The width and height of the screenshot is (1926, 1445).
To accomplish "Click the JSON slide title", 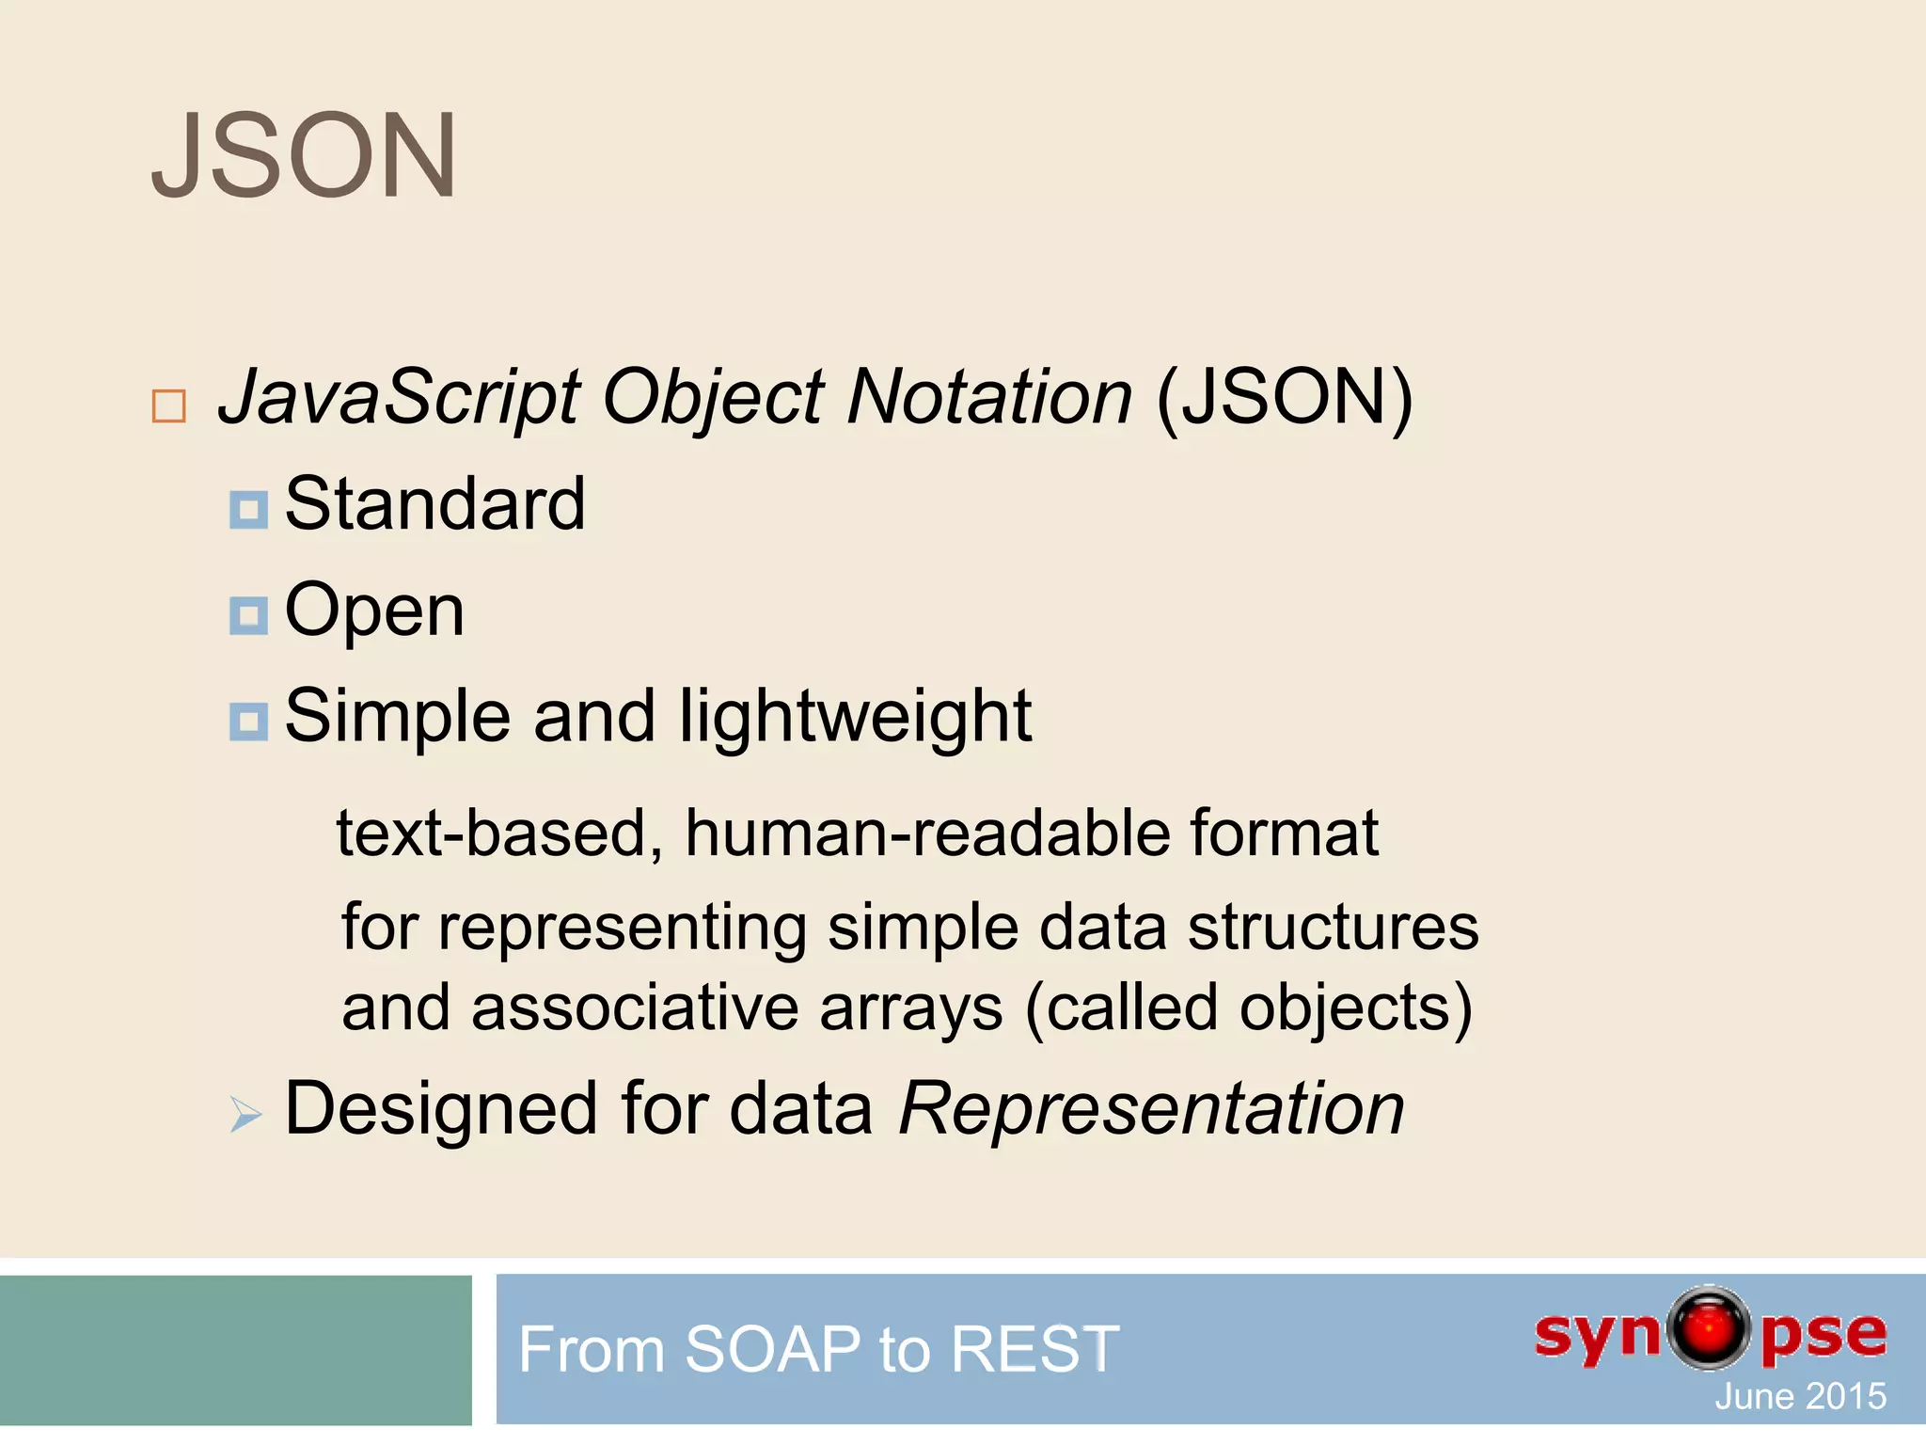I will coord(304,156).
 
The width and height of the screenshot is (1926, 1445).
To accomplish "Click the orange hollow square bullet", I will coord(168,406).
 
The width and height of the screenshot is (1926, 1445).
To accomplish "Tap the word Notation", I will coord(989,397).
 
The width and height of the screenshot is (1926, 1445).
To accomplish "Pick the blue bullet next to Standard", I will coord(248,510).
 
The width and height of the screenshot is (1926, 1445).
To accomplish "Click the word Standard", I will coord(434,504).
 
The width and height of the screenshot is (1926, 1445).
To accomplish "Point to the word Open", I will coord(374,611).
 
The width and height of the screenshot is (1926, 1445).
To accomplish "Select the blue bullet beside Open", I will coord(248,616).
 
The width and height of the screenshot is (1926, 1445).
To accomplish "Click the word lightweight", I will coord(855,717).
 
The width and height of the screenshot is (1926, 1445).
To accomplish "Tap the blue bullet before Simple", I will coord(248,722).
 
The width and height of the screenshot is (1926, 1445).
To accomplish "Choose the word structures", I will coord(1333,928).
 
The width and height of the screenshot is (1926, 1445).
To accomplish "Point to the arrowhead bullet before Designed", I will coord(245,1115).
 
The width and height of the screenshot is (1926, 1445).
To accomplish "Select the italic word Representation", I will coord(1151,1110).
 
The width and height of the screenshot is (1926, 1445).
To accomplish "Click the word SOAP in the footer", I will coord(772,1349).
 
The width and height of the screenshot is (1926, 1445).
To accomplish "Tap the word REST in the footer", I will coord(1034,1349).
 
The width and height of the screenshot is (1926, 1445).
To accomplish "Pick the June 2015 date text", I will coord(1800,1396).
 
